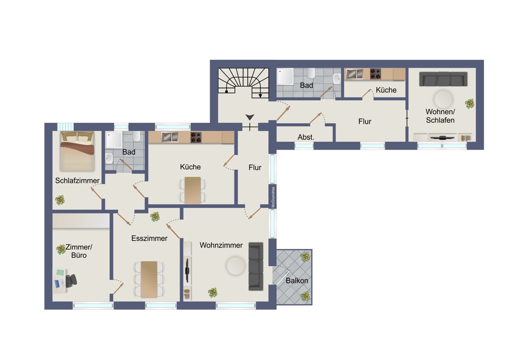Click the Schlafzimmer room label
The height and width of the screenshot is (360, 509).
(x=77, y=180)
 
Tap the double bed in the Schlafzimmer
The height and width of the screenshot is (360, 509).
(x=77, y=152)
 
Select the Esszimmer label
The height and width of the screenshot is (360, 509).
(x=149, y=238)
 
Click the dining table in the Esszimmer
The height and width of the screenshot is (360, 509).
(x=149, y=279)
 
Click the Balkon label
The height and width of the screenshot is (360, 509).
(x=297, y=281)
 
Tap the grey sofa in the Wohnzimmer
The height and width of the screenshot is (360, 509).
(x=256, y=266)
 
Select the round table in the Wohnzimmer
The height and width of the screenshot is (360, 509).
(x=236, y=266)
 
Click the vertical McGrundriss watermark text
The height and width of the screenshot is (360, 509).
(x=273, y=197)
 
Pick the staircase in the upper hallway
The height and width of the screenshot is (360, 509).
(x=243, y=83)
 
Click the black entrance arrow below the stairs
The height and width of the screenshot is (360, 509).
(x=250, y=117)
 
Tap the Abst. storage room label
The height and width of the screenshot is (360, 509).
(x=306, y=137)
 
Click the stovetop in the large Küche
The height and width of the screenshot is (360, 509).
(x=196, y=138)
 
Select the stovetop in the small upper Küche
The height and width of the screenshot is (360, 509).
(x=375, y=74)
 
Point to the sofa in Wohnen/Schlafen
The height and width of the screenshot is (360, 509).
(x=443, y=79)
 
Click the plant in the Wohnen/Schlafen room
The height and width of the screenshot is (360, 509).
(x=470, y=104)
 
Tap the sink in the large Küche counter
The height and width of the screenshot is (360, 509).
(x=170, y=137)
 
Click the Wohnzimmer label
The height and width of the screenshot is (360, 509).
(x=221, y=245)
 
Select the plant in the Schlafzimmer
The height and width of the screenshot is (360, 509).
(x=60, y=200)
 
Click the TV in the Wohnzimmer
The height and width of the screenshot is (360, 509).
(x=187, y=270)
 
